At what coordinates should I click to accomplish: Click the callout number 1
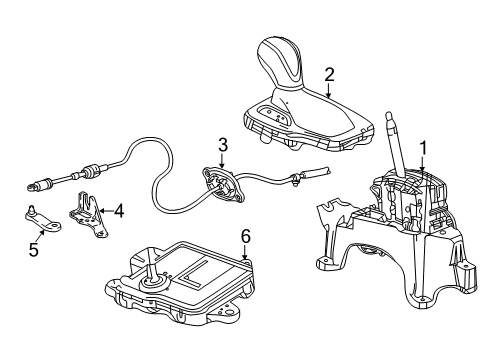coord(423,147)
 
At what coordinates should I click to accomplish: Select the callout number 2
coord(329,73)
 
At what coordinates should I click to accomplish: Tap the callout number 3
coord(223,143)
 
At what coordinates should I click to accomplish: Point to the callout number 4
coord(118,211)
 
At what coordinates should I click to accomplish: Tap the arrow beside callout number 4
coord(103,211)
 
